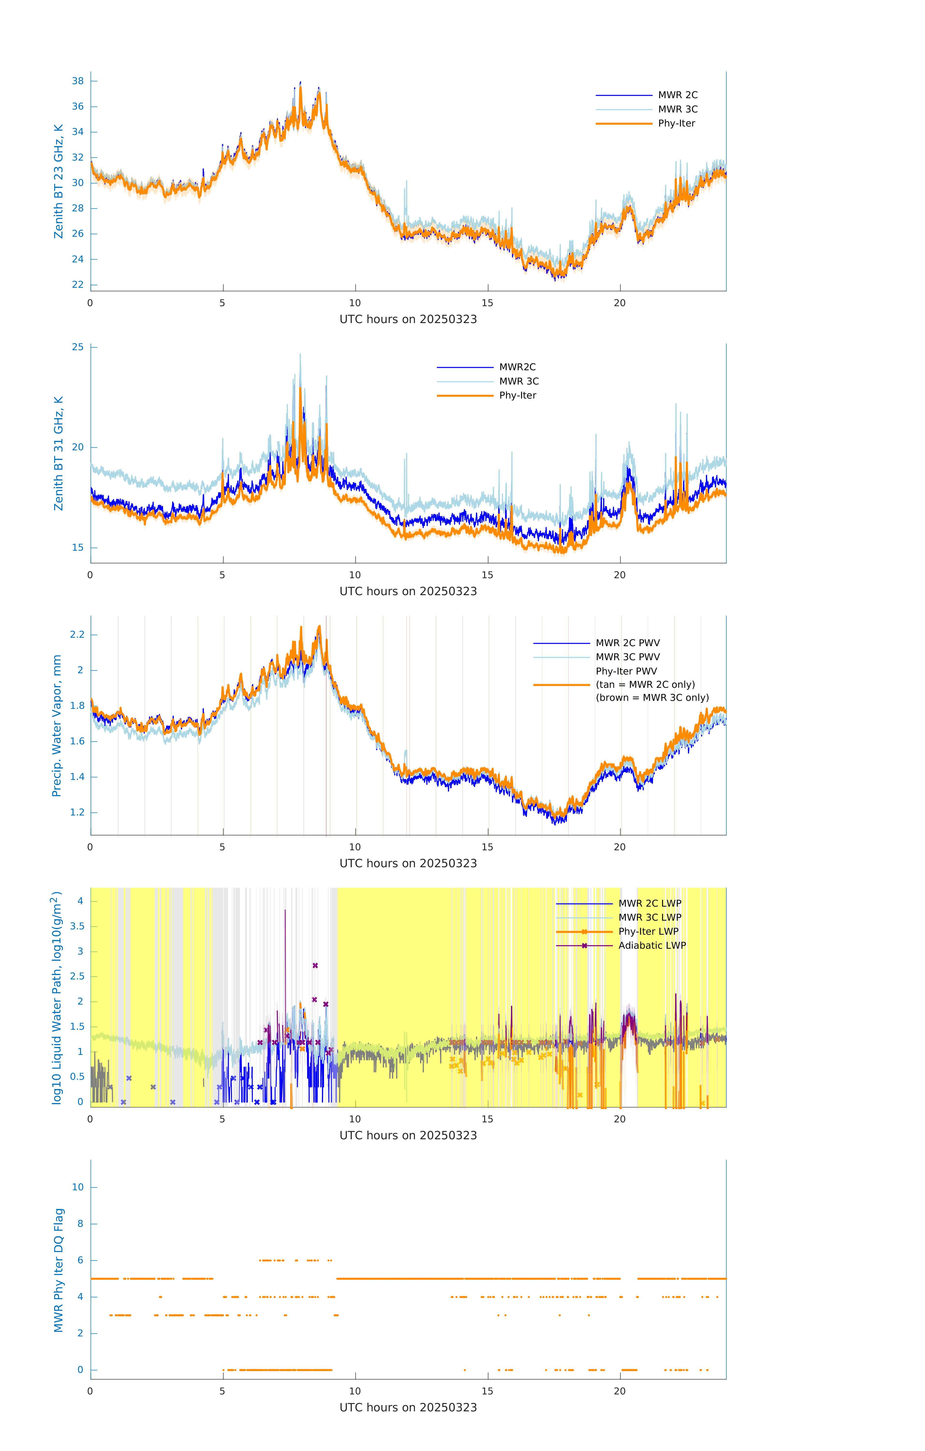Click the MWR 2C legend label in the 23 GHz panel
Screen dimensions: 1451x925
point(677,95)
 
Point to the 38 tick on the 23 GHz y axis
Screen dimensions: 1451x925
point(78,81)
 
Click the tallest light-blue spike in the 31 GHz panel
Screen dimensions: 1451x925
point(300,355)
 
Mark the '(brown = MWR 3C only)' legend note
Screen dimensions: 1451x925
point(652,698)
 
